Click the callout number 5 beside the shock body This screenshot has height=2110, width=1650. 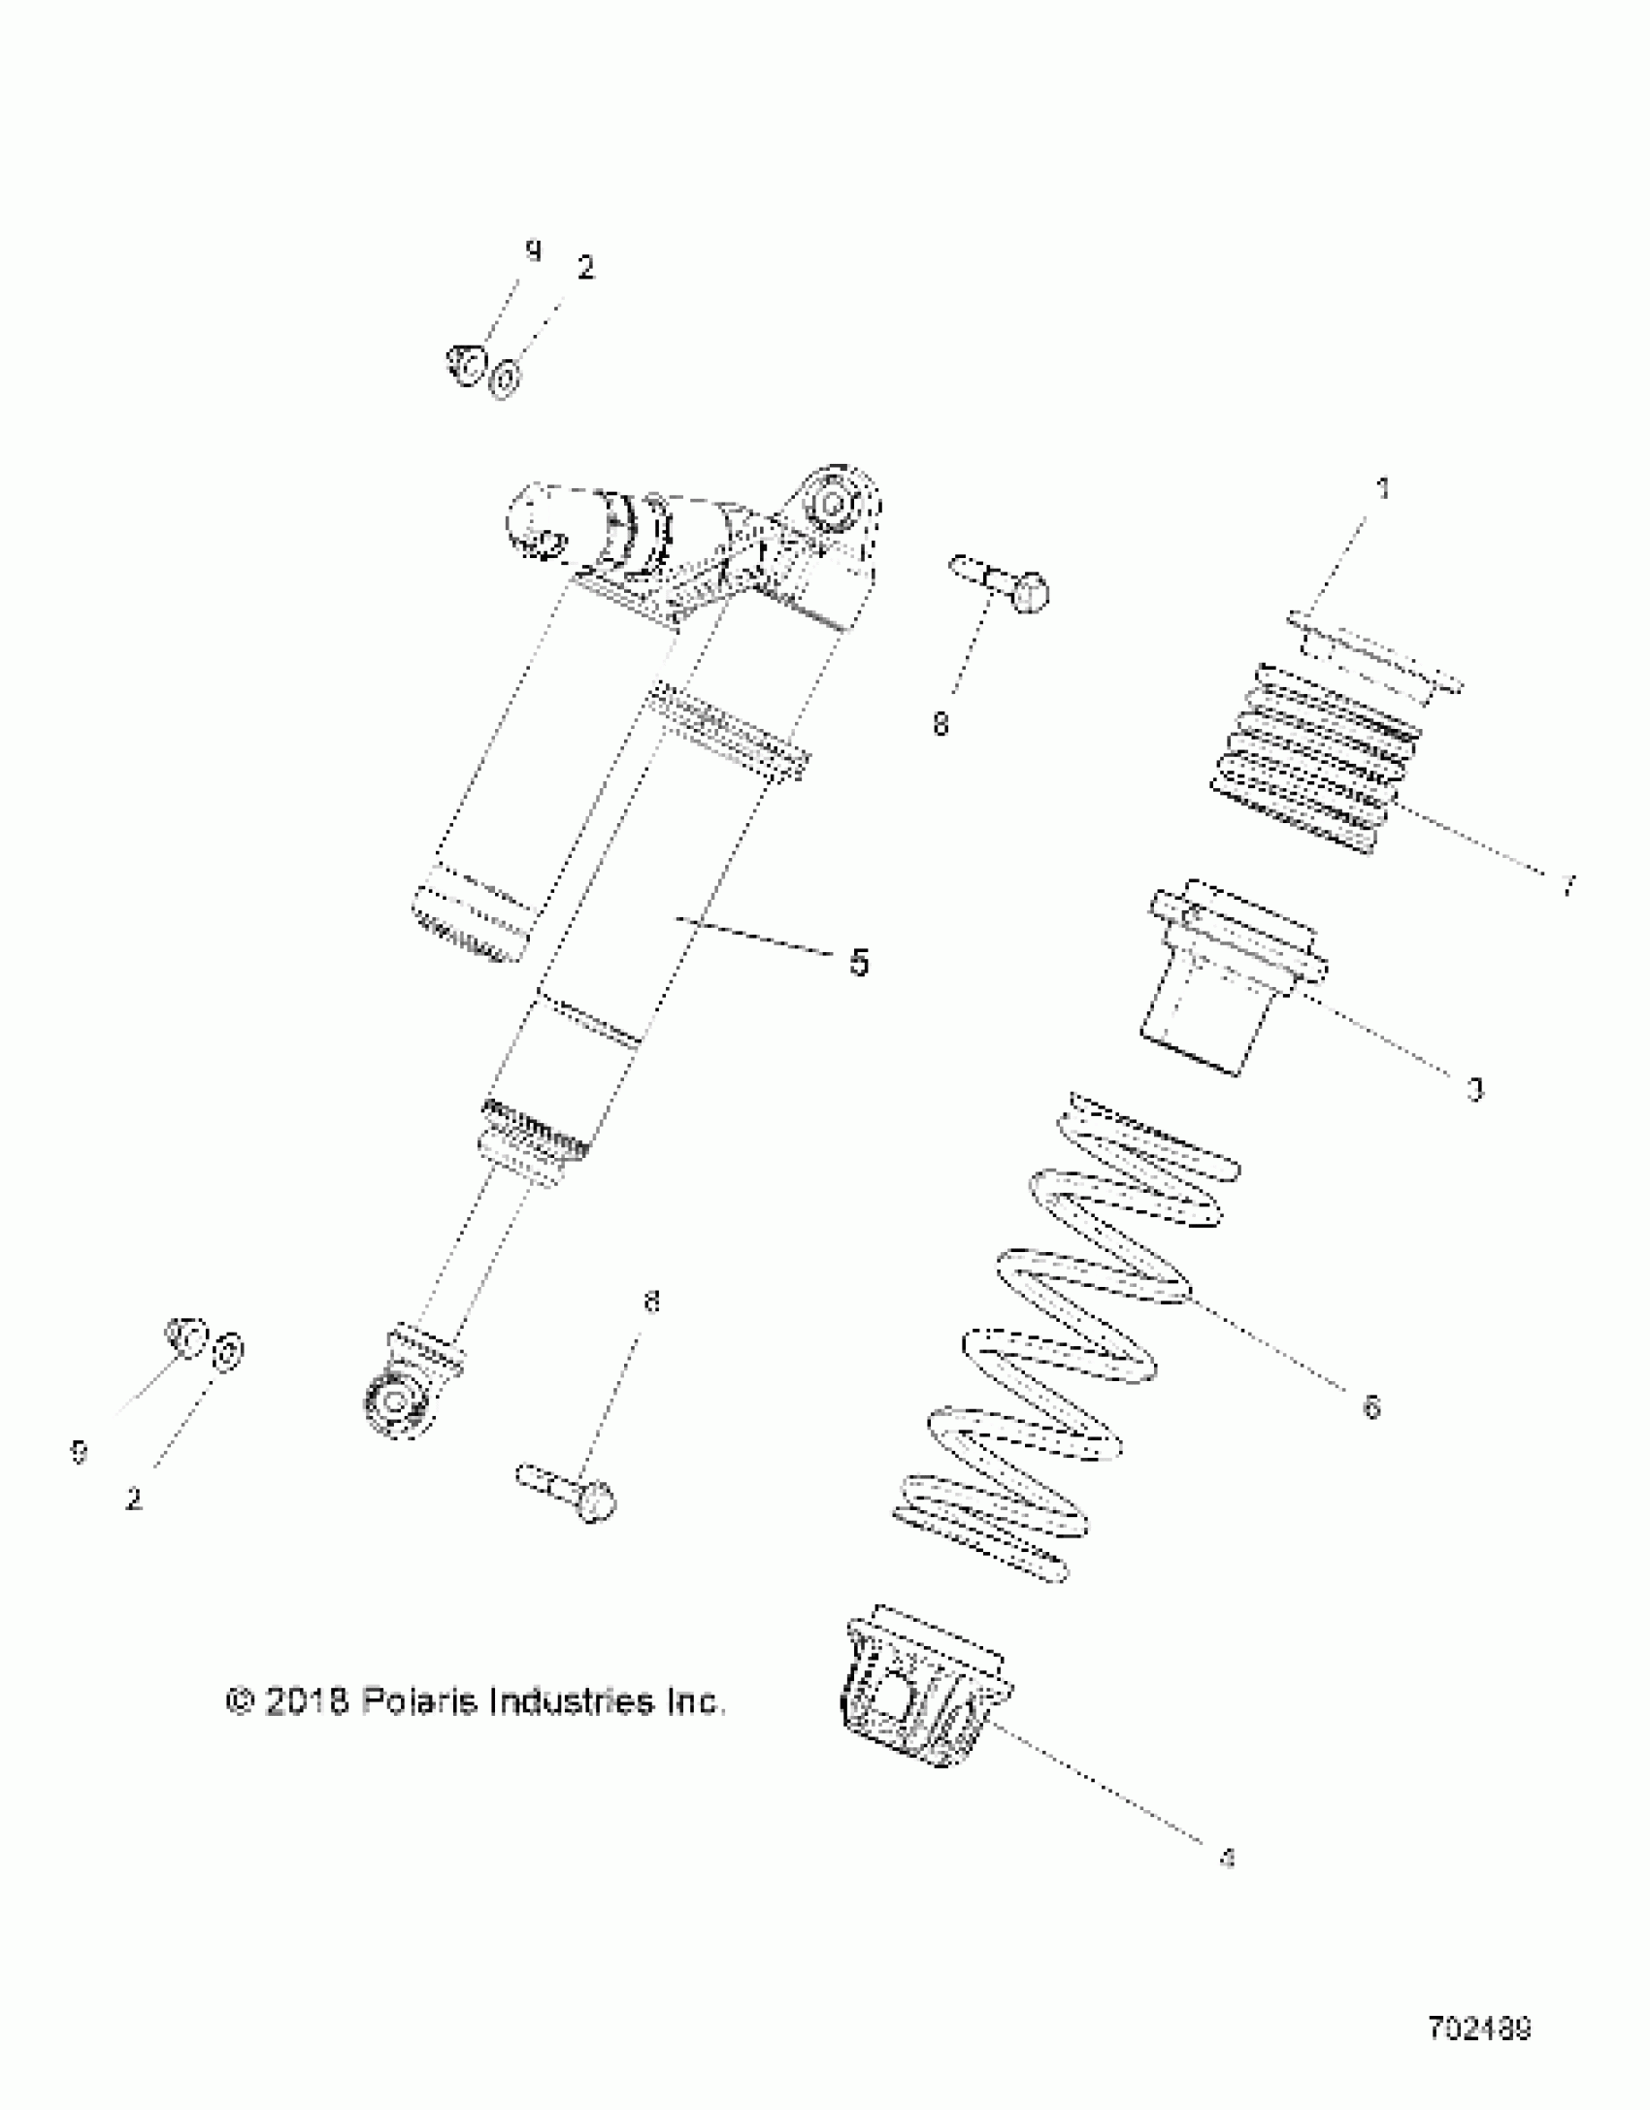coord(859,963)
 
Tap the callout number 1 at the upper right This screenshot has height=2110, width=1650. coord(1384,489)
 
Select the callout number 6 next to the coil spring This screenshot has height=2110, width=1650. coord(1370,1406)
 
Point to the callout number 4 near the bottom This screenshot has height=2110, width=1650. coord(1227,1859)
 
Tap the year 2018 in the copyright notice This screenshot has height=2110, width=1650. coord(305,1702)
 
